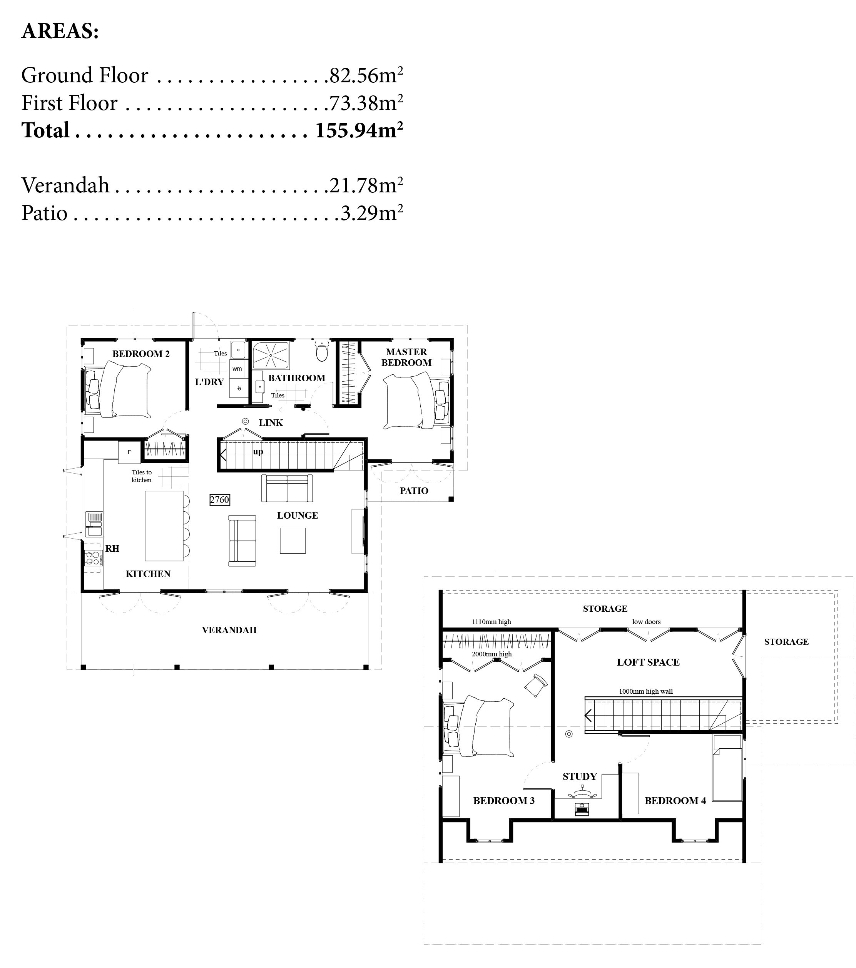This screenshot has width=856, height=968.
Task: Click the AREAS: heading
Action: [60, 31]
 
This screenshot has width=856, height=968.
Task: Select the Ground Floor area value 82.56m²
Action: [366, 75]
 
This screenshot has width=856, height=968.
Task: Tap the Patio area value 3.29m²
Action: [372, 213]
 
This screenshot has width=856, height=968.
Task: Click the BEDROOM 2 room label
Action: [141, 354]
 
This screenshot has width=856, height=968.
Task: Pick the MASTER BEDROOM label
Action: [406, 357]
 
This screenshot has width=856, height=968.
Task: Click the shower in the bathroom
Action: [271, 355]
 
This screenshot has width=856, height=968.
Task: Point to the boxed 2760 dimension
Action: [220, 500]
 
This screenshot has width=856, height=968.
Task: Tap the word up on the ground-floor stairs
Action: [258, 451]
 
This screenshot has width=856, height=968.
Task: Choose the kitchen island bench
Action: [164, 526]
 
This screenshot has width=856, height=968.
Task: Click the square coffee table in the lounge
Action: [293, 540]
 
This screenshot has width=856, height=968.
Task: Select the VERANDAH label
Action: [229, 630]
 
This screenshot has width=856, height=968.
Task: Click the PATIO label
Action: [414, 491]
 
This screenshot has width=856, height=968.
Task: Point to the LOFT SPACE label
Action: [648, 663]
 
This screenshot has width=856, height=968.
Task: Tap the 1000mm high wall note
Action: [646, 691]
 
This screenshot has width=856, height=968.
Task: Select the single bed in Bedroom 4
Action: [727, 768]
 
